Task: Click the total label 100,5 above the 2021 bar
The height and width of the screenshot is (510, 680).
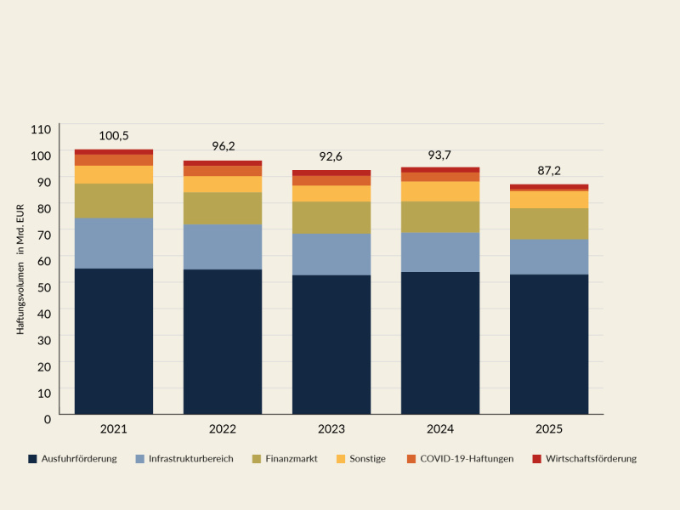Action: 114,136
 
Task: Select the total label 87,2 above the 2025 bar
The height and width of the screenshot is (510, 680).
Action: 548,171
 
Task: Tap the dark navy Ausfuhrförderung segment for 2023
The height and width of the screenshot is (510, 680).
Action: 331,344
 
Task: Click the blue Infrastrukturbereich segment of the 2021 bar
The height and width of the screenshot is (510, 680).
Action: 114,243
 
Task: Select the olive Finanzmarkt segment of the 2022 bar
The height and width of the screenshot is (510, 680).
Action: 223,208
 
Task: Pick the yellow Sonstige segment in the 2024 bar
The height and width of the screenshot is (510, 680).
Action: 440,191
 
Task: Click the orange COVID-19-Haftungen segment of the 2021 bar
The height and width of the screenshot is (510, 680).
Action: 114,160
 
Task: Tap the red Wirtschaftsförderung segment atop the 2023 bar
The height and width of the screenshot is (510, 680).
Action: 331,173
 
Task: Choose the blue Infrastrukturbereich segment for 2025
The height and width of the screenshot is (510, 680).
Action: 548,257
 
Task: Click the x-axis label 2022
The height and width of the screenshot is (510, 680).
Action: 223,429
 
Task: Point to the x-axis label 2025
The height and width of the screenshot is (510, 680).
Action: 548,429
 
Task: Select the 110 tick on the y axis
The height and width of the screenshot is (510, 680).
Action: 42,129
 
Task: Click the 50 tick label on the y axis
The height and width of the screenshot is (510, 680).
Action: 44,286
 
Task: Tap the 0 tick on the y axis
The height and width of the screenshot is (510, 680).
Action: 48,418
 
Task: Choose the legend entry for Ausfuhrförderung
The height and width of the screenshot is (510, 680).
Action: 78,459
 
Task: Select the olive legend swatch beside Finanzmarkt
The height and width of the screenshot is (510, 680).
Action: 257,459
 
